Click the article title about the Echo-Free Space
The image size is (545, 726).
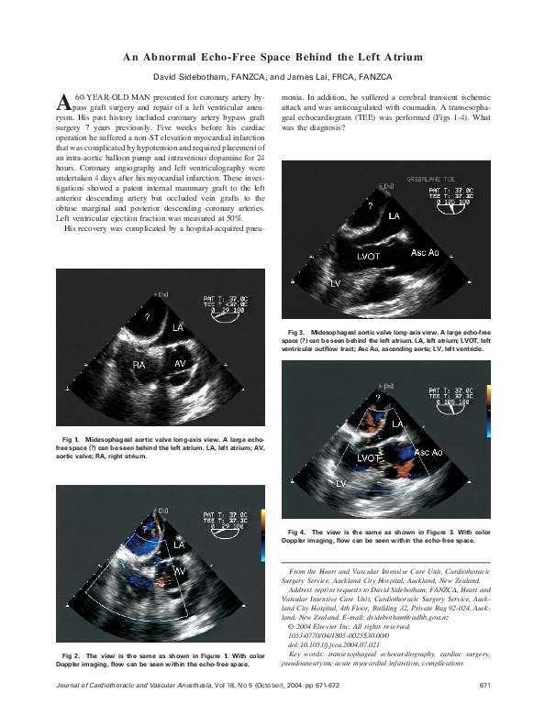(x=272, y=58)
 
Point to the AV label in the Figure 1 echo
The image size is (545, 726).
(x=181, y=364)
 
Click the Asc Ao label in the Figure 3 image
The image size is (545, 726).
(x=424, y=251)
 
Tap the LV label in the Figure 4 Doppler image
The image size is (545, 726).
(x=340, y=482)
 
